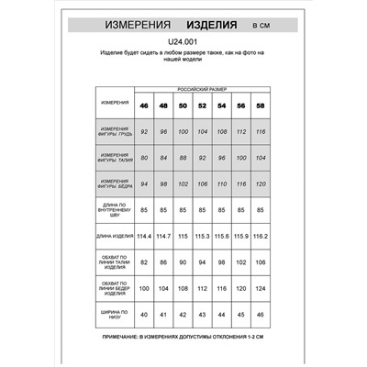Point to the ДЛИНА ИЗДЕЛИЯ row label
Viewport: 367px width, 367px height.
tap(116, 238)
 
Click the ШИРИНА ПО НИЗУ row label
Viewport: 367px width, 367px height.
tap(116, 317)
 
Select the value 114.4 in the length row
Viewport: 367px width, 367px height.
tap(144, 238)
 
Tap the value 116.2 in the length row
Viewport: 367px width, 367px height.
tap(261, 238)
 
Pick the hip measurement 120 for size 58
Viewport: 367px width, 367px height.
tap(261, 184)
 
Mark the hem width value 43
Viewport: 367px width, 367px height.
tap(203, 317)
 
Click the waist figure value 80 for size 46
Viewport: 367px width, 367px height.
tap(145, 159)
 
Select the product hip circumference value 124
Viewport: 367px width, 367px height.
tap(261, 290)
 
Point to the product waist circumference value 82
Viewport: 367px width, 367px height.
tap(145, 263)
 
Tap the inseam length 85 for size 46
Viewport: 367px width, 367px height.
tap(145, 211)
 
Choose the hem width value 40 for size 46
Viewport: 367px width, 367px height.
tap(145, 317)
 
